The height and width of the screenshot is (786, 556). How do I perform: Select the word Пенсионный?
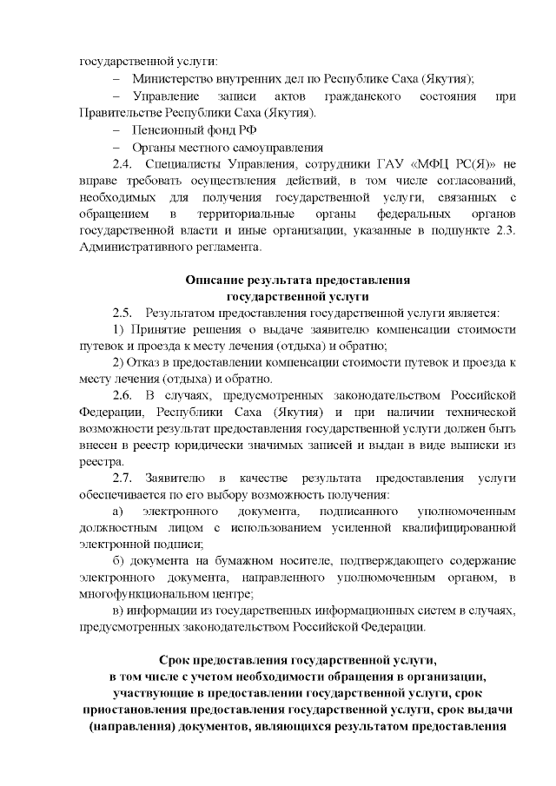point(165,129)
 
